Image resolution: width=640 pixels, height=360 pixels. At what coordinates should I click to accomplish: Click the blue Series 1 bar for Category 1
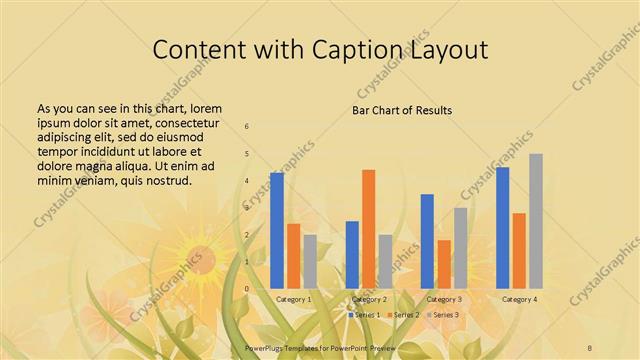pos(277,230)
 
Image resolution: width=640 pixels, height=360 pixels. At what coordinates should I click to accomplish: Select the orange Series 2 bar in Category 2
pos(368,229)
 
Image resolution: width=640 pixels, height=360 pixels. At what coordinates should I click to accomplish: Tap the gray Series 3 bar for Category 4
pos(536,221)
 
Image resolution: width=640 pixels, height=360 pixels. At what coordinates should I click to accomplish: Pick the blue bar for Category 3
pos(427,241)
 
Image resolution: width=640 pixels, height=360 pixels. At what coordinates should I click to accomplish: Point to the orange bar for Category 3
pos(444,264)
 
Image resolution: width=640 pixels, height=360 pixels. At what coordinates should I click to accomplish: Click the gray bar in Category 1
pos(310,262)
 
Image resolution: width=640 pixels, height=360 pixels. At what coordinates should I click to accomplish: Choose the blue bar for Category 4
pos(502,228)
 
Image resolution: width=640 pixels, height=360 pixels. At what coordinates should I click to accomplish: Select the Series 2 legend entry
pos(402,315)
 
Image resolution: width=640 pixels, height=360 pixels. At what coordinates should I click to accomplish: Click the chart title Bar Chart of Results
pos(402,109)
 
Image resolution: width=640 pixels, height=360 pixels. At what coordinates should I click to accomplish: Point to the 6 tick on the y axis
pos(247,127)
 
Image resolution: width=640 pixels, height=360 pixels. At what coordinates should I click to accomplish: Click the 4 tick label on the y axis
pos(247,181)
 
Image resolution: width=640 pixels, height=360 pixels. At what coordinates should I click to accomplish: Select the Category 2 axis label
pos(369,299)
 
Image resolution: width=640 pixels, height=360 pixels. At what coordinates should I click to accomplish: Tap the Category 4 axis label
pos(519,299)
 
